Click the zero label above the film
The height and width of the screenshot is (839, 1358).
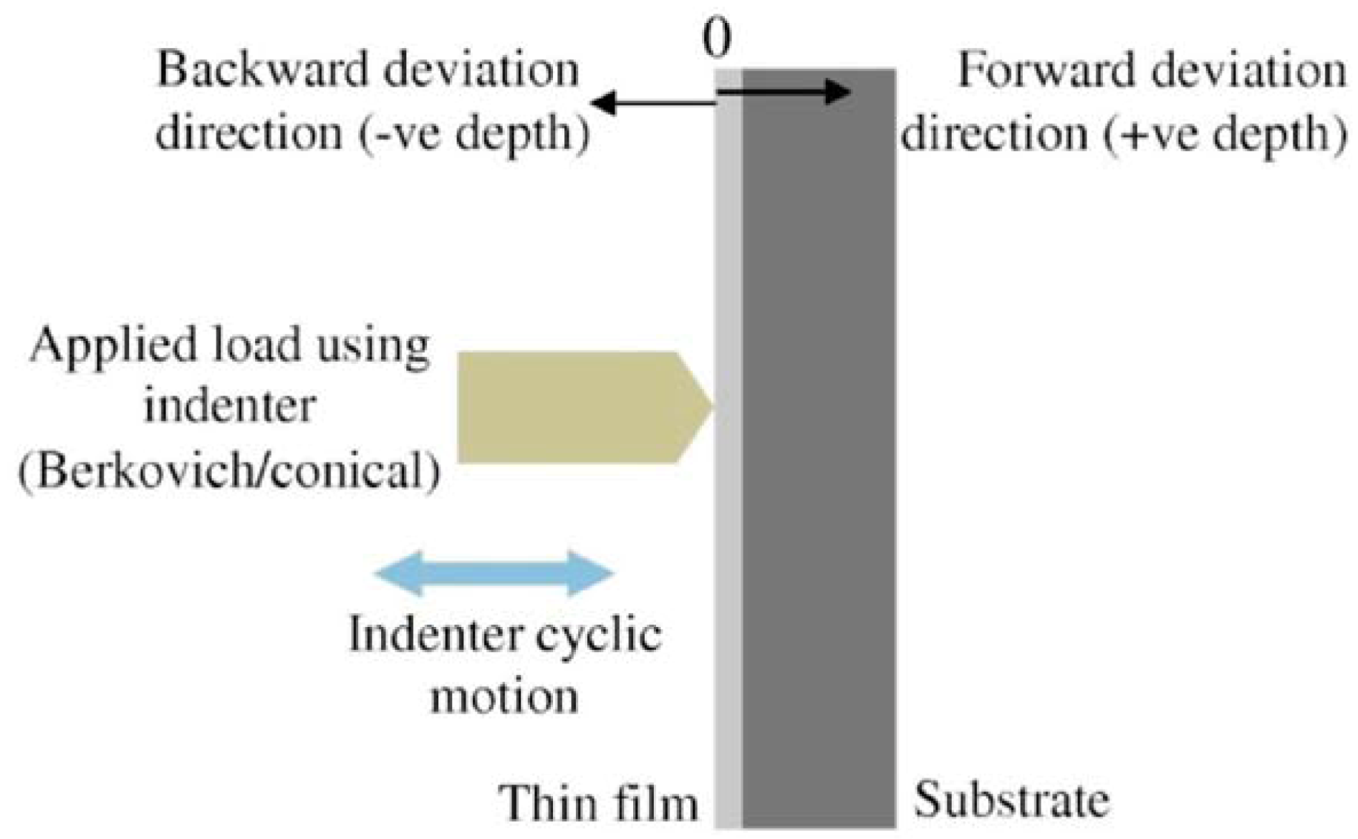coord(717,40)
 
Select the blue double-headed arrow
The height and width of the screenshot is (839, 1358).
coord(494,573)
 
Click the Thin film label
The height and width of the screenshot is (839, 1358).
coord(599,802)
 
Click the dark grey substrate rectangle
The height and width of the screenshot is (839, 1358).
coord(819,502)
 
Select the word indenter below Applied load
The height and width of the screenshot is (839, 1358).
coord(229,406)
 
